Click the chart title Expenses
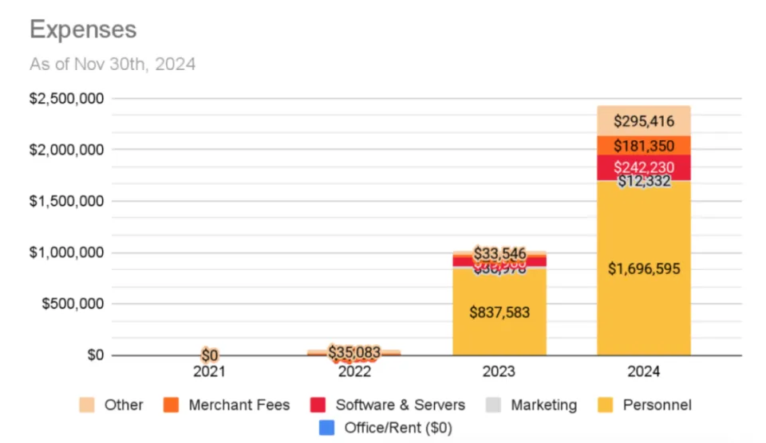click(x=83, y=29)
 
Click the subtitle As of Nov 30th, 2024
click(x=113, y=65)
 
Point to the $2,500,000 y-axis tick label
click(x=66, y=99)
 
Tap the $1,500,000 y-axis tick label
click(x=66, y=202)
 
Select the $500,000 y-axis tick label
click(x=71, y=304)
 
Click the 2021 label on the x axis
click(x=210, y=371)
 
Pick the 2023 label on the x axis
click(x=499, y=371)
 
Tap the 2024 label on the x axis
click(x=643, y=371)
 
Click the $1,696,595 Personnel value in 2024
click(x=643, y=269)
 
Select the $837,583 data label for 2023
click(x=499, y=312)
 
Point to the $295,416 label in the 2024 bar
click(x=643, y=122)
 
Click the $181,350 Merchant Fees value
click(x=643, y=147)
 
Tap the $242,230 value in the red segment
click(x=643, y=168)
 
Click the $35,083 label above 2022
click(x=354, y=351)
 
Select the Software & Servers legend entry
click(x=400, y=405)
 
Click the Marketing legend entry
click(x=543, y=405)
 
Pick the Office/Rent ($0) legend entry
click(x=397, y=428)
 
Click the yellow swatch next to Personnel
click(x=607, y=405)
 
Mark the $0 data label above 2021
click(x=210, y=355)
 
